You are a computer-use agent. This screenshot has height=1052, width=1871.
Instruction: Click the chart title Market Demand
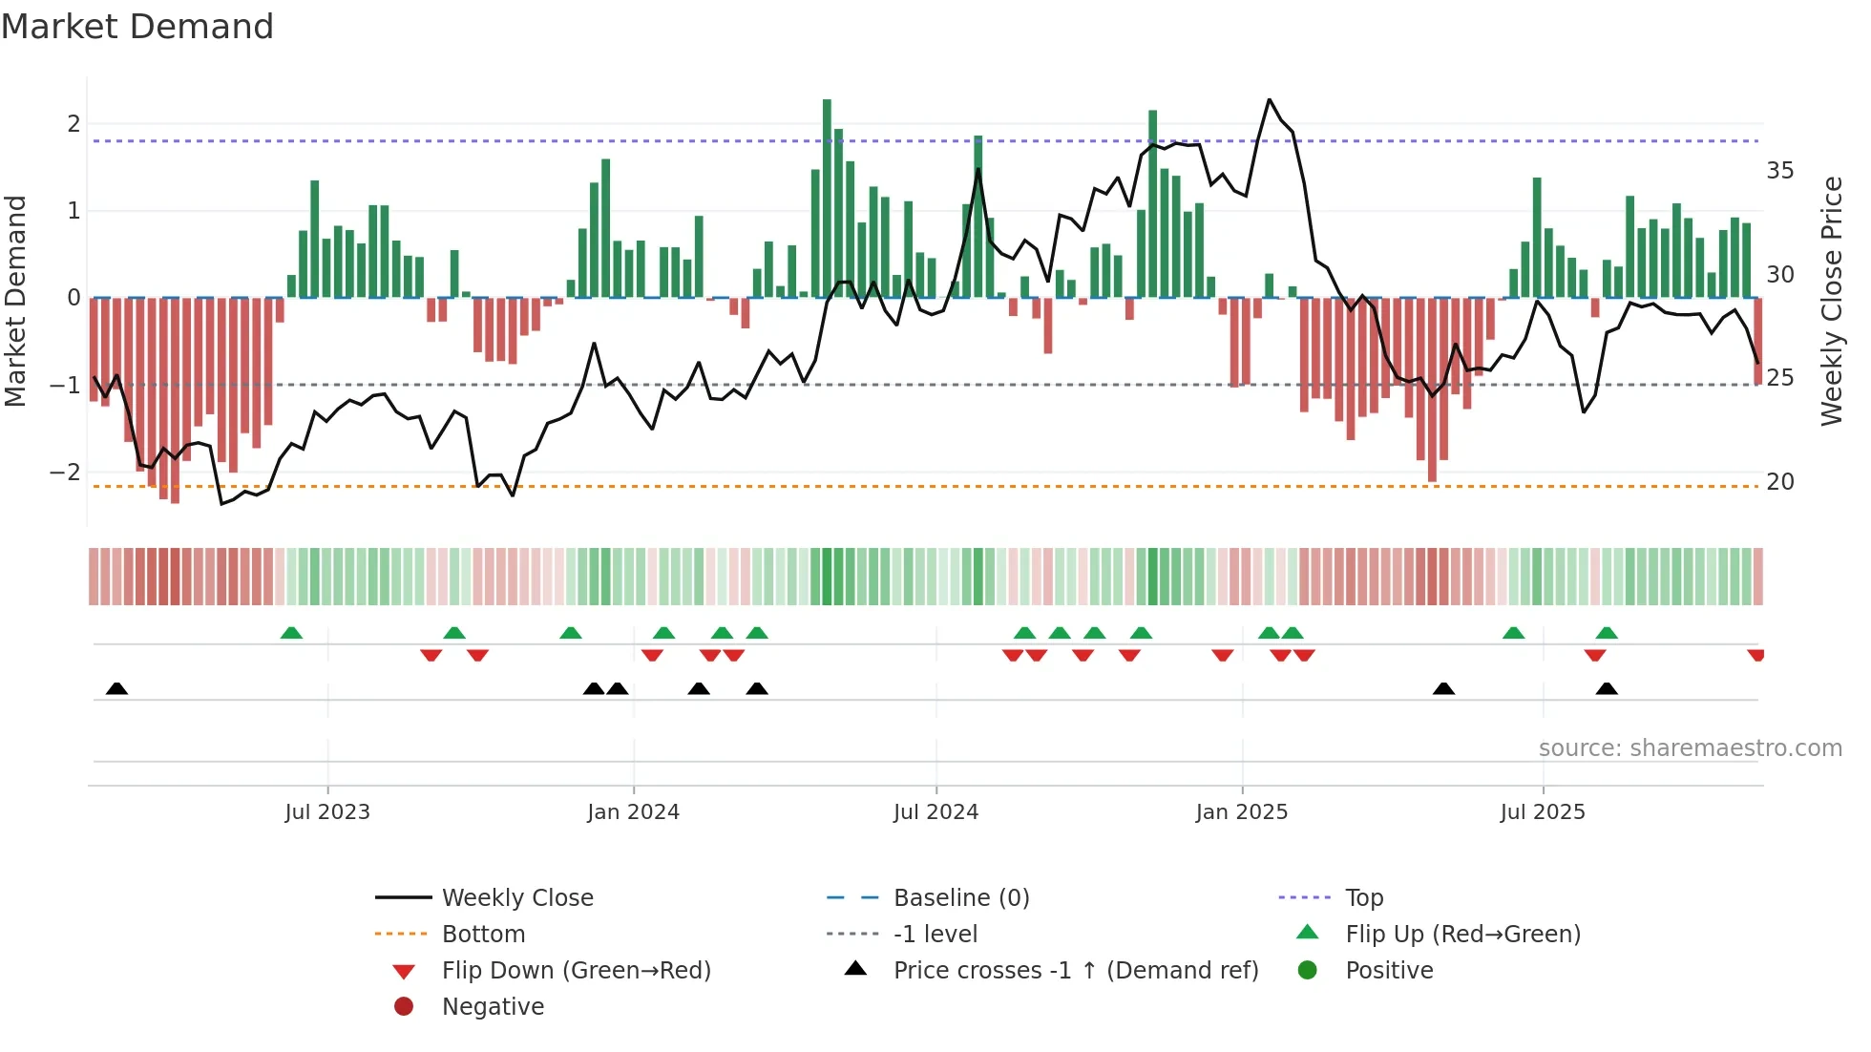coord(137,27)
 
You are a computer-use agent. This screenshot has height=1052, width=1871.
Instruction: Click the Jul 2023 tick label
coord(327,812)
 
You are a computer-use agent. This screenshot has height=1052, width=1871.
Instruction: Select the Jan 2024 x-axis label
coord(633,812)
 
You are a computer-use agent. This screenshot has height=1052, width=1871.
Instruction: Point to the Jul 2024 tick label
coord(935,812)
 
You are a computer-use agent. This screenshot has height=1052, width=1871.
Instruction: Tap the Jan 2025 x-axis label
coord(1241,812)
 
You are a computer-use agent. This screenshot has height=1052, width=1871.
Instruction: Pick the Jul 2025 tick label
coord(1542,812)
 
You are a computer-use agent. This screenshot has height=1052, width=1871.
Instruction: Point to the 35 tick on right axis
coord(1780,171)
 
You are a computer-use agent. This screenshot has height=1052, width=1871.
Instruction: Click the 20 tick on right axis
coord(1780,482)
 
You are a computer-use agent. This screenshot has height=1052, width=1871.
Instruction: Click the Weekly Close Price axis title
coord(1831,301)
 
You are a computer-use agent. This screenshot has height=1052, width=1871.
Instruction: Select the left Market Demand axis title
coord(15,301)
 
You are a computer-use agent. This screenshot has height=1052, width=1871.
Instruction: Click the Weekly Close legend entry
coord(516,898)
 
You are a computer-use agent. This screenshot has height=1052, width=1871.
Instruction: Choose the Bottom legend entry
coord(483,935)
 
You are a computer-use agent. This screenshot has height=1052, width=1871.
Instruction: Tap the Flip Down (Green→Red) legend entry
coord(576,971)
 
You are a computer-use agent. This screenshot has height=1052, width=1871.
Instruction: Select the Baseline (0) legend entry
coord(960,898)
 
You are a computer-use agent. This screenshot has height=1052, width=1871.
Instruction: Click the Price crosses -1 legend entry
coord(1075,971)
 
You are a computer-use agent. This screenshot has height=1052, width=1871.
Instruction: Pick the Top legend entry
coord(1363,898)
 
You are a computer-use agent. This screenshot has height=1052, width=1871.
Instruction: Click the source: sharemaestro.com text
coord(1690,748)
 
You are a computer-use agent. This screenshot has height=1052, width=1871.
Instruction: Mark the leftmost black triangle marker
coord(116,688)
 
